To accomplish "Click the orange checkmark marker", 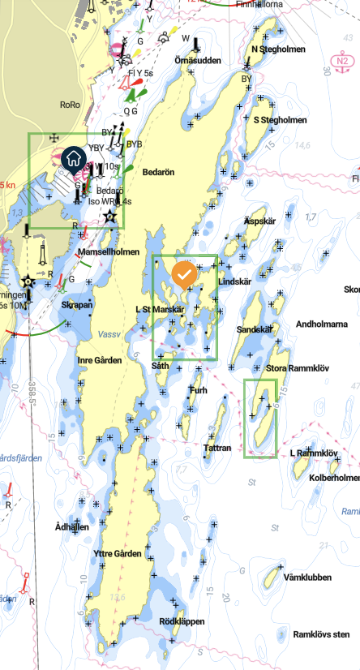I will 184,273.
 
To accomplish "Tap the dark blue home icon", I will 73,158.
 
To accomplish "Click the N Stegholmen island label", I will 278,49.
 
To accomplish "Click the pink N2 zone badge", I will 344,60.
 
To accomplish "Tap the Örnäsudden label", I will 198,60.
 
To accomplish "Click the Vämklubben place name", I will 308,578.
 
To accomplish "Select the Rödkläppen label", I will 182,621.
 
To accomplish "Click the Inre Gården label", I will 100,360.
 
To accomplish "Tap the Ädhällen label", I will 71,527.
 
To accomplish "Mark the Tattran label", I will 218,448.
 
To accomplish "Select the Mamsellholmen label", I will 109,253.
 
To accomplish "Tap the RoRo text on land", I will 71,105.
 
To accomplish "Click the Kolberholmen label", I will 334,478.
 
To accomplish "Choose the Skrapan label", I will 77,305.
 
